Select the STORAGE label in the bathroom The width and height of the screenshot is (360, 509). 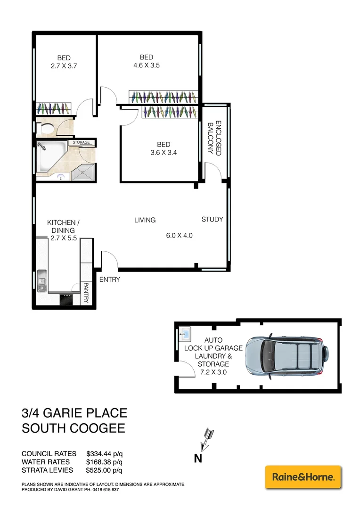[81, 142]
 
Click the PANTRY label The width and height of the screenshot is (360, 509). [87, 292]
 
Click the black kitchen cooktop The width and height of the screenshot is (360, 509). [66, 299]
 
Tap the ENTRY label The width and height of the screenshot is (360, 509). [110, 279]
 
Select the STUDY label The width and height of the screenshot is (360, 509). [212, 219]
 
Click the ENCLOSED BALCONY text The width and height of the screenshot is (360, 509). [215, 138]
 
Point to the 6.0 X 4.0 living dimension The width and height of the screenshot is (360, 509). [180, 236]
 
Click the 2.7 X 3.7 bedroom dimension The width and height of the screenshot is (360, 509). [64, 66]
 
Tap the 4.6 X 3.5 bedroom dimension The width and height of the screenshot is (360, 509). [147, 66]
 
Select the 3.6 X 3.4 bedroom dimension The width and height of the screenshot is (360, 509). [164, 152]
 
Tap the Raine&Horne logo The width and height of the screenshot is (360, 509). [303, 477]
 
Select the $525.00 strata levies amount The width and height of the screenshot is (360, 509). [104, 470]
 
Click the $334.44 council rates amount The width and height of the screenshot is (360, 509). [104, 453]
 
